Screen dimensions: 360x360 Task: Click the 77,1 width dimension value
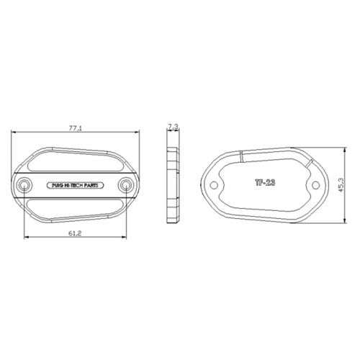76,128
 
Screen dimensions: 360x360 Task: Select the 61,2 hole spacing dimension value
75,233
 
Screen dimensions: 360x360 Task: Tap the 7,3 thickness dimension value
173,127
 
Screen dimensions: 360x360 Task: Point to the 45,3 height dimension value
341,185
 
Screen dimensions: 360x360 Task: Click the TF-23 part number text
265,183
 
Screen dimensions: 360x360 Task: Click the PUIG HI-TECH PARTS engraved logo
75,186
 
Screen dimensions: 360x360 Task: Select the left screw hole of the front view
24,185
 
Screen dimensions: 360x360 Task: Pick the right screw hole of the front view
125,185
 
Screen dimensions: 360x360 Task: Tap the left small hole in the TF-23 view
214,185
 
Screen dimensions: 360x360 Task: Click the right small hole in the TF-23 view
315,185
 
